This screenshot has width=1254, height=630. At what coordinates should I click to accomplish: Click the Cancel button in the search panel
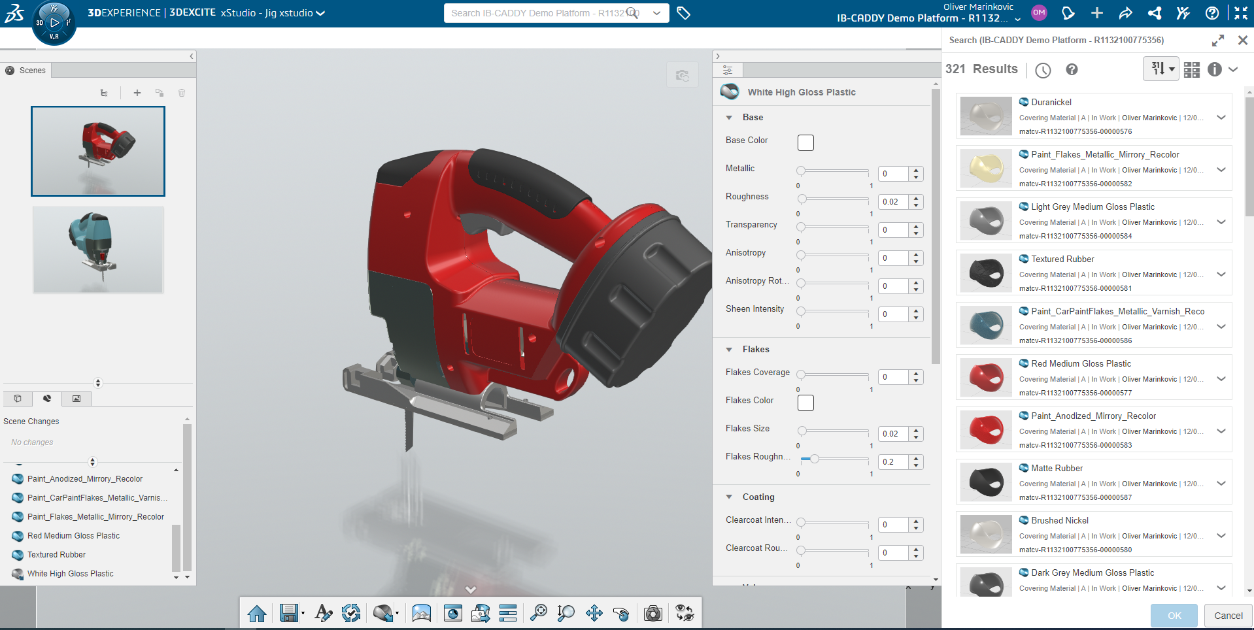pos(1228,616)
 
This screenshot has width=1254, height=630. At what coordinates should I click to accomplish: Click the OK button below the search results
pos(1174,616)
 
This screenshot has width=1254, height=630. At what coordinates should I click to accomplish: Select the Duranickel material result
pos(1051,102)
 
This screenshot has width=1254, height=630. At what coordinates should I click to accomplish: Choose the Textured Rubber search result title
pos(1062,259)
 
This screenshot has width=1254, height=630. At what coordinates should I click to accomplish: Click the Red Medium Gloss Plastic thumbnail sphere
pos(986,377)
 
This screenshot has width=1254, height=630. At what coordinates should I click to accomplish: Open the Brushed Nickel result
pos(1060,520)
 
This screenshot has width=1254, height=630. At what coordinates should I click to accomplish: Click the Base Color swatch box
pos(805,142)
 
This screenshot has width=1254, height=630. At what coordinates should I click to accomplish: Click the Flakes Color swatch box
pos(805,403)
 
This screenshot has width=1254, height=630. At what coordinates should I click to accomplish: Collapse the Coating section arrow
pos(729,497)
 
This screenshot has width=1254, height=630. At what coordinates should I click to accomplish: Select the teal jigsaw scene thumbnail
pos(98,250)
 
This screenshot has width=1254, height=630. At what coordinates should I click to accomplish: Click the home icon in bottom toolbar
pos(257,613)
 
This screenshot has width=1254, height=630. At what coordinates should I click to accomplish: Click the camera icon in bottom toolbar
pos(652,613)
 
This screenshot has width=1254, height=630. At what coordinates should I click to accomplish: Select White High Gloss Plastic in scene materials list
pos(70,574)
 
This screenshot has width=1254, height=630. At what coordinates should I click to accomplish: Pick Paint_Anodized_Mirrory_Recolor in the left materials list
pos(85,479)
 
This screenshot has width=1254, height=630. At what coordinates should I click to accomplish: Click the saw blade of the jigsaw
pos(409,428)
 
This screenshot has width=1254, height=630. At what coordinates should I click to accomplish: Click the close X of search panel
pos(1242,41)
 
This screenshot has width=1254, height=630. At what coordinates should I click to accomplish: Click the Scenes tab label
pos(32,71)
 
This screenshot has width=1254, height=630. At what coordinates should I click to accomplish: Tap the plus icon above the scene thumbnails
pos(137,93)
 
